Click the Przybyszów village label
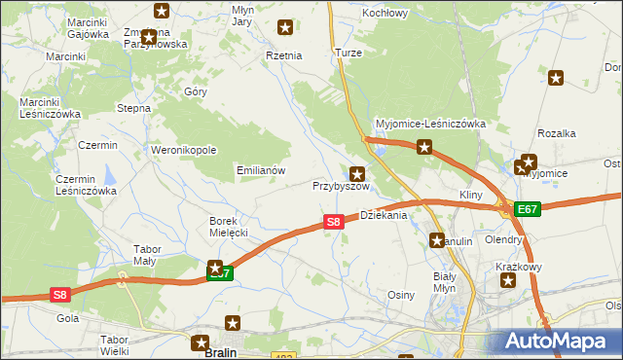coord(341,186)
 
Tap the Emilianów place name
coord(261,169)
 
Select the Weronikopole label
coord(182,150)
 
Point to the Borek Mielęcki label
coord(229,227)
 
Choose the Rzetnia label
coord(284,55)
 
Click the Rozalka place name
coord(557,133)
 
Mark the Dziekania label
coord(384,215)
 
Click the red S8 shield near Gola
coord(59,294)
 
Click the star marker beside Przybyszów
coord(357,173)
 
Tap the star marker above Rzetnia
coord(285,27)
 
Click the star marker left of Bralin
coord(201,342)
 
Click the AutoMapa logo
coord(560,342)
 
